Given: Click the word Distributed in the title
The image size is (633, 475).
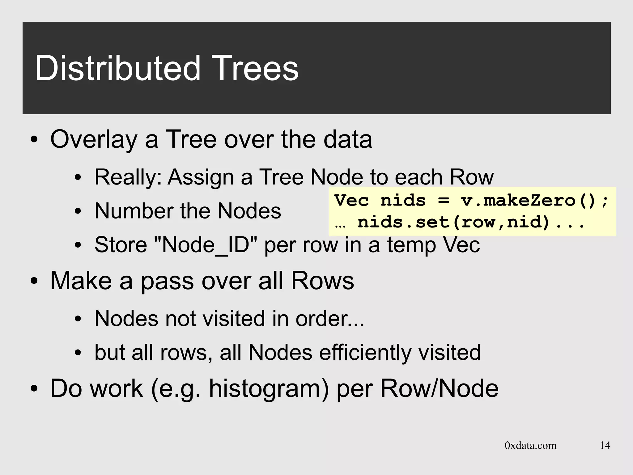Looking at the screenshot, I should [118, 68].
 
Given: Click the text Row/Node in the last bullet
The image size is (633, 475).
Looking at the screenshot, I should [439, 389].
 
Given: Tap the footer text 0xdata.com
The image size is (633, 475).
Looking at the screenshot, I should [530, 445].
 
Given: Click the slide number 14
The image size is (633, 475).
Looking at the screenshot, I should [605, 445].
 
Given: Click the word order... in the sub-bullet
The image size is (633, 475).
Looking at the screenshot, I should [330, 319].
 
